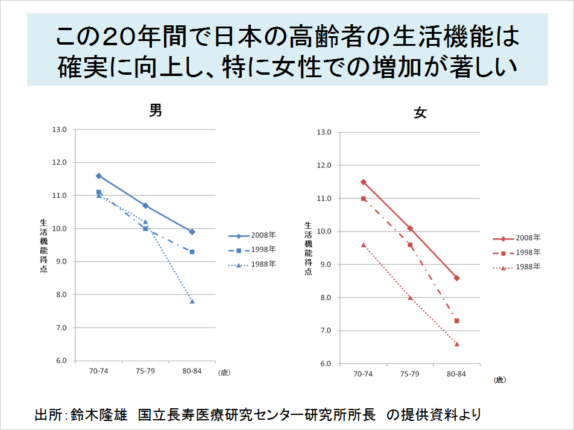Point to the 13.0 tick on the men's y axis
pos(60,130)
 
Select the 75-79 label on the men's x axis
pos(145,371)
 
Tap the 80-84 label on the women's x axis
pos(456,374)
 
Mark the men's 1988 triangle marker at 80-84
pos(192,301)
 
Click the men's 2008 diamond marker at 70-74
pos(98,176)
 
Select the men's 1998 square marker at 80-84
pos(192,251)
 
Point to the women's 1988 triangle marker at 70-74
pos(363,244)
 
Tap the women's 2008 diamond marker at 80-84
pos(456,278)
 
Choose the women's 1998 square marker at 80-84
pos(456,321)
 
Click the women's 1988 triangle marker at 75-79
pos(410,297)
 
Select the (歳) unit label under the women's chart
pos(499,379)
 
